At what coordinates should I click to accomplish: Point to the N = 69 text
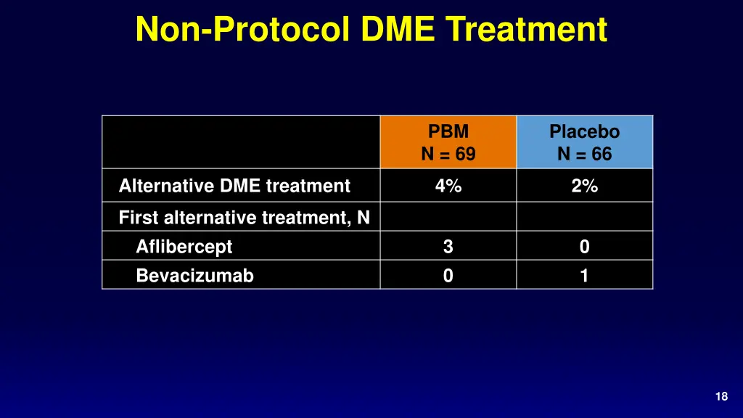click(x=448, y=154)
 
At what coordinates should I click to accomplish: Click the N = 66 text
click(x=585, y=154)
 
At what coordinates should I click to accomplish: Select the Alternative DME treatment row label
click(x=234, y=186)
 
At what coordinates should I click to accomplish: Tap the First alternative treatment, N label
click(x=245, y=217)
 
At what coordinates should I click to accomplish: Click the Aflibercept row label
click(x=184, y=247)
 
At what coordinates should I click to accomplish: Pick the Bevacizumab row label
click(x=194, y=276)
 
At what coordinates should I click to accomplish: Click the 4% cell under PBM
click(x=448, y=186)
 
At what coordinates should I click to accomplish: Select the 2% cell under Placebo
click(x=585, y=186)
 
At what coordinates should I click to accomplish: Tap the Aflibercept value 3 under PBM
click(x=448, y=247)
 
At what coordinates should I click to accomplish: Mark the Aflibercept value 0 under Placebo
click(x=585, y=247)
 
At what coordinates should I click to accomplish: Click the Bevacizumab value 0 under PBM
click(x=448, y=276)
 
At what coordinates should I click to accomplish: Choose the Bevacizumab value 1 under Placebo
click(x=585, y=276)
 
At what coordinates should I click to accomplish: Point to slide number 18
click(x=721, y=396)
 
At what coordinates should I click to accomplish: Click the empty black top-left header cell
click(x=241, y=142)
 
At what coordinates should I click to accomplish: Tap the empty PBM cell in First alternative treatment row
click(x=448, y=216)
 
